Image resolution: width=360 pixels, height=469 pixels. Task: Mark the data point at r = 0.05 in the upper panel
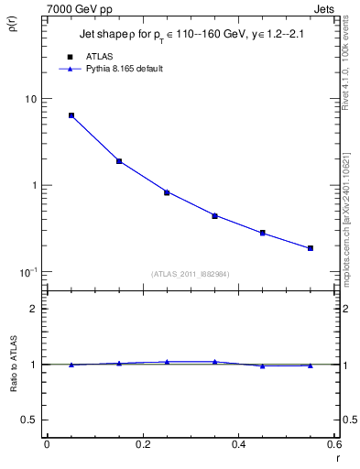[x=71, y=115]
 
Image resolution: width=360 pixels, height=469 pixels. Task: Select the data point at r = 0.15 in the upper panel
[x=119, y=161]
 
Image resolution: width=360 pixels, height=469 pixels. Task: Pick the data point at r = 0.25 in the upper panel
[x=167, y=192]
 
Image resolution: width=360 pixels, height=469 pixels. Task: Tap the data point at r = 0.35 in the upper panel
[x=214, y=216]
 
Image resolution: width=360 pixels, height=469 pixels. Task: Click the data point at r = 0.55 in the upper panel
[x=311, y=248]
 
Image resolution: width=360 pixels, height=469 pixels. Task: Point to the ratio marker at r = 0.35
[x=214, y=362]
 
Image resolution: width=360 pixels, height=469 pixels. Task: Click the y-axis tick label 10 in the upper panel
[x=31, y=99]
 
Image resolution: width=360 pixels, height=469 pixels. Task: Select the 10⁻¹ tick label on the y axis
[x=27, y=271]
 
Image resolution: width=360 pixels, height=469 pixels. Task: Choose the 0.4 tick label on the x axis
[x=238, y=445]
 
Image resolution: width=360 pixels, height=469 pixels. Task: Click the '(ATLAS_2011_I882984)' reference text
[x=190, y=273]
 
